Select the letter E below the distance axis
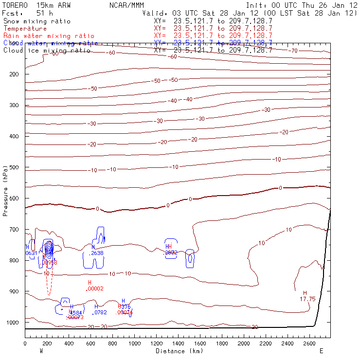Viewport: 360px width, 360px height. (321, 351)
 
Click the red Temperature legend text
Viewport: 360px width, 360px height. (25, 29)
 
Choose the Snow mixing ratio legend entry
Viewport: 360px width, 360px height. (36, 21)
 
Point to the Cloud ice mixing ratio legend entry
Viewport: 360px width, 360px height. (47, 50)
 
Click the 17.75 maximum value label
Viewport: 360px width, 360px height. (308, 299)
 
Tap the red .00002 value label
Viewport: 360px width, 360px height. (95, 288)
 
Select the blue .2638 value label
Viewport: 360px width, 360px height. (97, 253)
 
